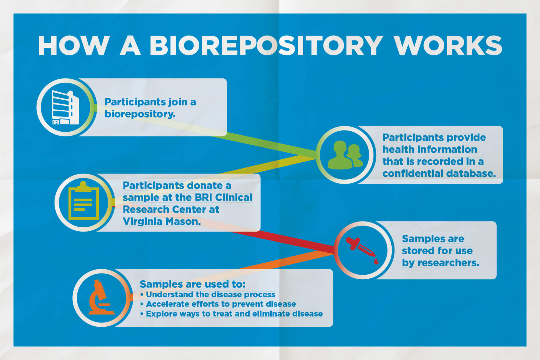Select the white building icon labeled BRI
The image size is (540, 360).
click(x=65, y=108)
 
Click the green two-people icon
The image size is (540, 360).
click(x=345, y=155)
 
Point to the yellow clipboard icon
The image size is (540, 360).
click(x=84, y=201)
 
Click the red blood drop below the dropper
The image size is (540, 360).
click(x=376, y=261)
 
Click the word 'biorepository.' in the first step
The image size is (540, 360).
click(x=140, y=114)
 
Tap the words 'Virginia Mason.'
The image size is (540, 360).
click(x=161, y=221)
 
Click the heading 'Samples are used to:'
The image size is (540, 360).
click(x=192, y=284)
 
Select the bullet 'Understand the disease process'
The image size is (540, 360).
click(x=210, y=294)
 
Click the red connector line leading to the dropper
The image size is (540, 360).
click(x=284, y=239)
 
